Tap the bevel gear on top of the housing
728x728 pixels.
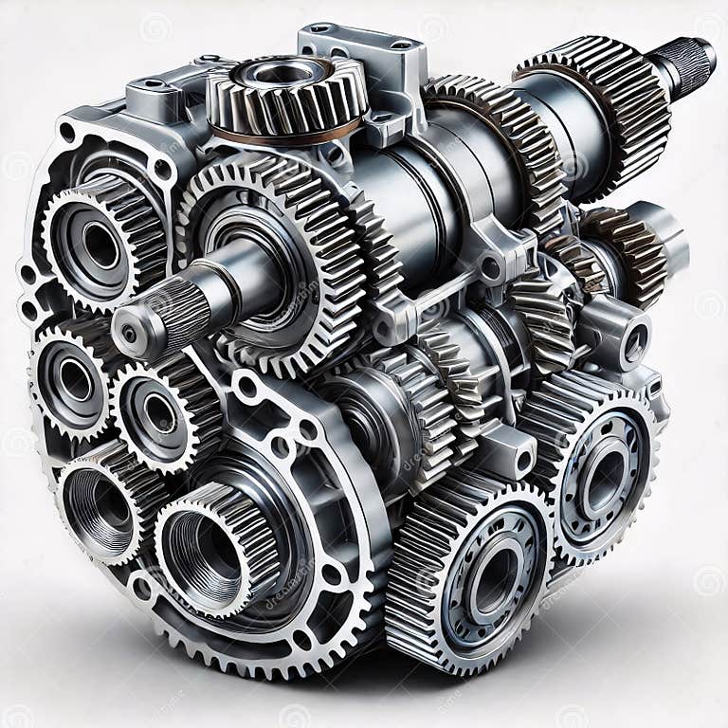coord(284,95)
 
